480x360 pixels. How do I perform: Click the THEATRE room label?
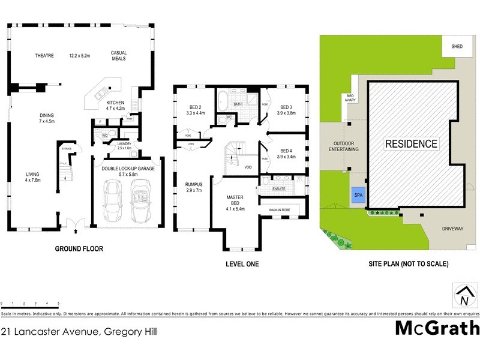44,56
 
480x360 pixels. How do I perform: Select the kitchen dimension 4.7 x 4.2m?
115,109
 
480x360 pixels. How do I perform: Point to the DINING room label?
47,115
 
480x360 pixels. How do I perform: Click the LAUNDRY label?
124,144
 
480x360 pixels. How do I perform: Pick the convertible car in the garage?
142,204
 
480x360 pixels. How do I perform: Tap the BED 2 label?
196,107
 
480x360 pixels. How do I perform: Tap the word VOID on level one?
248,167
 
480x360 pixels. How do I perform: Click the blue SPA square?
358,196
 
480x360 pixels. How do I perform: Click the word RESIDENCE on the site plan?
411,144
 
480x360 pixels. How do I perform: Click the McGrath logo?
437,329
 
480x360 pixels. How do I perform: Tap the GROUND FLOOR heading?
79,248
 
